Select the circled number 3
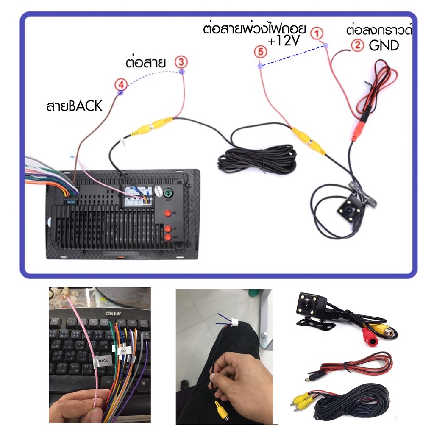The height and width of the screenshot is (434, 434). [x=181, y=62]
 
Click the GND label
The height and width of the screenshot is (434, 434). [x=384, y=45]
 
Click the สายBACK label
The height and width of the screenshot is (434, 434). [x=75, y=106]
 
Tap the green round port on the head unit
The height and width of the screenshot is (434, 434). [x=168, y=193]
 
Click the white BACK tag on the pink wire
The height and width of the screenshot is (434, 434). [x=103, y=361]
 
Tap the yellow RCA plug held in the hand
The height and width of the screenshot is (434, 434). [x=220, y=410]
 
